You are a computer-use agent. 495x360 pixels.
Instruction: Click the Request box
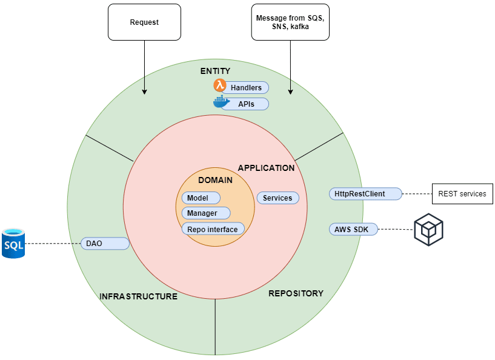pyautogui.click(x=144, y=22)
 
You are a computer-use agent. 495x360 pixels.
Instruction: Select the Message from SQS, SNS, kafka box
pyautogui.click(x=290, y=22)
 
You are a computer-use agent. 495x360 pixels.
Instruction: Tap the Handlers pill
pyautogui.click(x=245, y=87)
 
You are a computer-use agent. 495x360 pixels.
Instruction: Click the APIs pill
pyautogui.click(x=245, y=104)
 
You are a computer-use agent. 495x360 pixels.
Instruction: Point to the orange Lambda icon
pyautogui.click(x=220, y=85)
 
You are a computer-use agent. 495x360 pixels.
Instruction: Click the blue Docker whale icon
pyautogui.click(x=221, y=102)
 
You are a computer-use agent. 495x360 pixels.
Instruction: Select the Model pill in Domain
pyautogui.click(x=201, y=198)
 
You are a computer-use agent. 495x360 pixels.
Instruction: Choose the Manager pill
pyautogui.click(x=206, y=213)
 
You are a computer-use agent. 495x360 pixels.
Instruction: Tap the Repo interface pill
pyautogui.click(x=213, y=229)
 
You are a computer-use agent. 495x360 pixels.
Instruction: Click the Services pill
pyautogui.click(x=278, y=198)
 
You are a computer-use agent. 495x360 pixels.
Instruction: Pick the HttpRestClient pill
pyautogui.click(x=365, y=193)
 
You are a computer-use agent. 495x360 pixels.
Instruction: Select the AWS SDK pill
pyautogui.click(x=353, y=229)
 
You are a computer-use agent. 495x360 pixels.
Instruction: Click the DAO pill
pyautogui.click(x=105, y=244)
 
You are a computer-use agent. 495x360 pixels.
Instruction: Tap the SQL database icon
pyautogui.click(x=13, y=244)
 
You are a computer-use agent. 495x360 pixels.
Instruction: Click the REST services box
pyautogui.click(x=462, y=194)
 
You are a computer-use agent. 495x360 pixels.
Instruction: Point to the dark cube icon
pyautogui.click(x=428, y=230)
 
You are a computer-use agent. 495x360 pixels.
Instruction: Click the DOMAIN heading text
pyautogui.click(x=215, y=180)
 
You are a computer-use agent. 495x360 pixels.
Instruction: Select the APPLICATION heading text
pyautogui.click(x=266, y=168)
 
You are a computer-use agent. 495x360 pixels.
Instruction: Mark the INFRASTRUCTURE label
pyautogui.click(x=138, y=296)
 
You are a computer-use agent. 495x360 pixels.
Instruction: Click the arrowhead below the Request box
pyautogui.click(x=144, y=92)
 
